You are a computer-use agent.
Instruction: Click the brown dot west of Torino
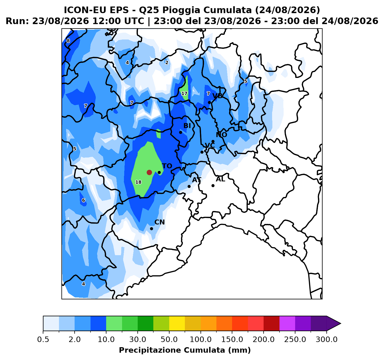tap(149, 172)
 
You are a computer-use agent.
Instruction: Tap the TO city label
tap(167, 166)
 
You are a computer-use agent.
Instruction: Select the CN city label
tap(160, 222)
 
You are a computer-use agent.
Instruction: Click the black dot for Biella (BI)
tap(180, 132)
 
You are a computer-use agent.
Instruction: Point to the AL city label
tap(221, 179)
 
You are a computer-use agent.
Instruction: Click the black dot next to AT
tap(189, 186)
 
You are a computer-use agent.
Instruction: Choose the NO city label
tap(221, 135)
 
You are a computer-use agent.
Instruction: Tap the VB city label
tap(218, 96)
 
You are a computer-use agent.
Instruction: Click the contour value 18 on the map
tap(138, 182)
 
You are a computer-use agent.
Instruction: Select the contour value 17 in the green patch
tap(184, 94)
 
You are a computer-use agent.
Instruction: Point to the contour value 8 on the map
tap(68, 41)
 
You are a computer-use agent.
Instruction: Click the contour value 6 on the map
tap(83, 200)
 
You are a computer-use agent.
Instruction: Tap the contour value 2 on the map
tap(167, 63)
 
